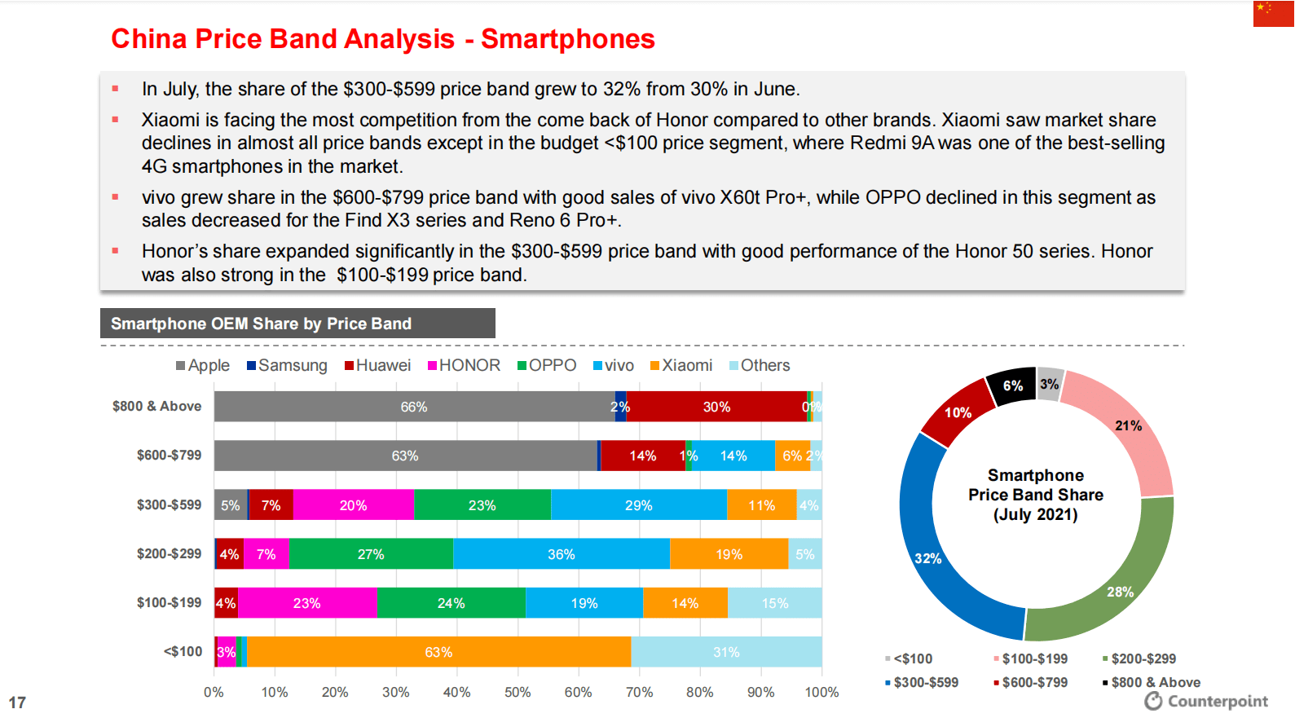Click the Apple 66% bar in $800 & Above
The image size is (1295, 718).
(x=414, y=407)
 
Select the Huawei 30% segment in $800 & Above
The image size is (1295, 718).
(x=716, y=407)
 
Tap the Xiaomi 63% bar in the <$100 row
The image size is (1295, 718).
(x=438, y=652)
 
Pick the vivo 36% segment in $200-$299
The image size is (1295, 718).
(x=561, y=554)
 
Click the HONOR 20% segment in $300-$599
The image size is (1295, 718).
(x=353, y=505)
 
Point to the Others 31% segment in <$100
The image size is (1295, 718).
(x=726, y=652)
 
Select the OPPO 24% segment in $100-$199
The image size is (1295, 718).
(x=451, y=603)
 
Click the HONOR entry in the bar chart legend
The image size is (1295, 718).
(x=465, y=366)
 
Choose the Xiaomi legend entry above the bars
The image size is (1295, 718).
(x=681, y=366)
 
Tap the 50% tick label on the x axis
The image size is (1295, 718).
(x=518, y=693)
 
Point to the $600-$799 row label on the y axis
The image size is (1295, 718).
(x=169, y=456)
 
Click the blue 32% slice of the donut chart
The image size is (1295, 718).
(x=929, y=557)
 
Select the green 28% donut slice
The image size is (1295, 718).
(x=1120, y=591)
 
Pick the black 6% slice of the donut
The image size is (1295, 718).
(x=1012, y=385)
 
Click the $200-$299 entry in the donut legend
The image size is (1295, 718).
(x=1139, y=659)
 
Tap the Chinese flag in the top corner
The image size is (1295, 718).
(x=1273, y=14)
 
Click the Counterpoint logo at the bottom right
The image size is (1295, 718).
(x=1206, y=701)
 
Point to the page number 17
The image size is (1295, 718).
(x=17, y=703)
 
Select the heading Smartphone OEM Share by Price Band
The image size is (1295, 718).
(x=261, y=324)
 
